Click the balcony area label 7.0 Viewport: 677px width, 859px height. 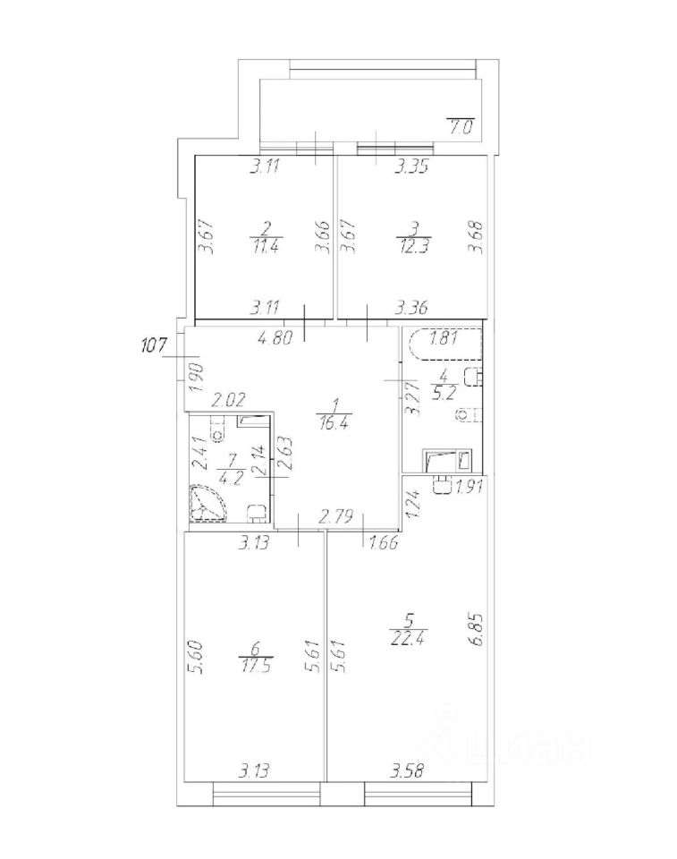(461, 126)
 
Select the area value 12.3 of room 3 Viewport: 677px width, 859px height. (410, 250)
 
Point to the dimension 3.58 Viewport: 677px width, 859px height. (409, 770)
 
